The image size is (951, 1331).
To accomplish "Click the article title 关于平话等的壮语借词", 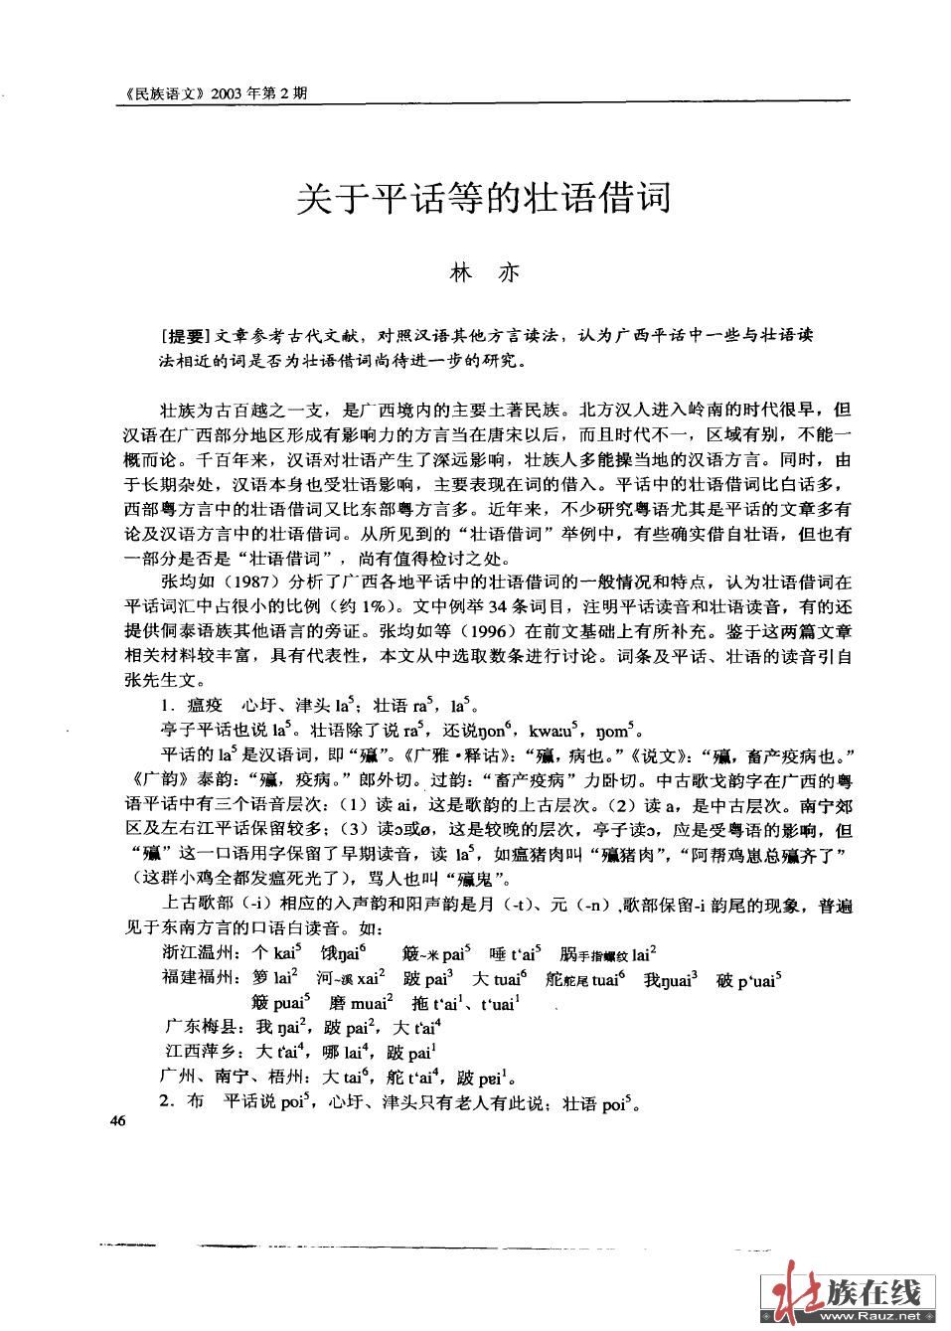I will point(485,198).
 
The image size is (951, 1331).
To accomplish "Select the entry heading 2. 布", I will point(182,1101).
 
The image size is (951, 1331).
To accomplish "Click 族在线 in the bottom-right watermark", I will point(874,1290).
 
